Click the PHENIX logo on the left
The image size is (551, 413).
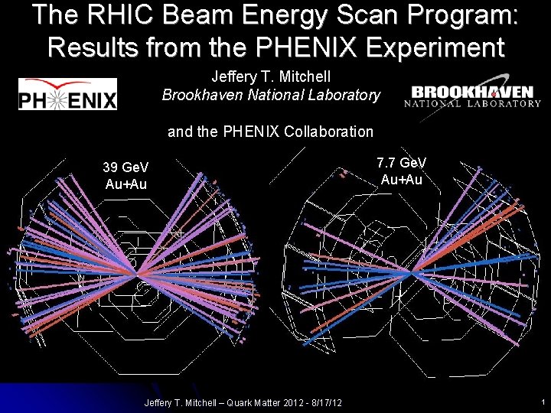[67, 94]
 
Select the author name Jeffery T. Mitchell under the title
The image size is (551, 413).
[271, 77]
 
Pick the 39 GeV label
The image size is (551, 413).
[126, 167]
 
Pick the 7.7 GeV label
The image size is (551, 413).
[402, 163]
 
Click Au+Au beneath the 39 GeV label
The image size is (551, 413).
[126, 184]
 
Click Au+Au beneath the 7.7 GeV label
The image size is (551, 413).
[402, 180]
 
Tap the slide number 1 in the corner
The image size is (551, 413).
[541, 402]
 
